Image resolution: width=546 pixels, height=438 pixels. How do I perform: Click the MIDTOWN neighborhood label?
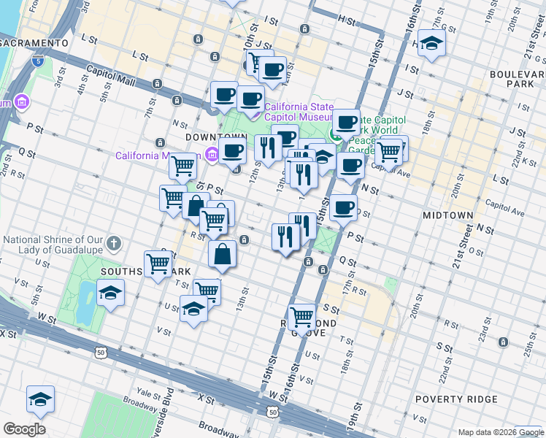447,215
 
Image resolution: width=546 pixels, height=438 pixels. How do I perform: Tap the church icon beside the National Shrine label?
113,242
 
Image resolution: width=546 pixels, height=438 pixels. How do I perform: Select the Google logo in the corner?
24,429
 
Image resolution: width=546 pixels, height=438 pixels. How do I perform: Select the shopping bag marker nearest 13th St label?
223,255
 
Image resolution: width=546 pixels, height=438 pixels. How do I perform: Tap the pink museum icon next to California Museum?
212,154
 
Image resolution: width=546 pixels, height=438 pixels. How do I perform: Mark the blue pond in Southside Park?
85,301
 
